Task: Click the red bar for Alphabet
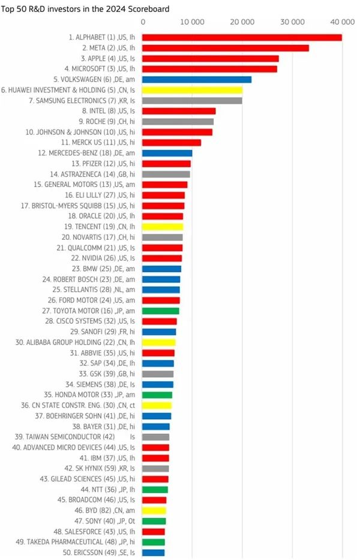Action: pos(242,37)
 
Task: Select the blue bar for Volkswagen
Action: pos(197,79)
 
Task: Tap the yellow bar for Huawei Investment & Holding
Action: pos(192,90)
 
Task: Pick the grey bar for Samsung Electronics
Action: pos(192,100)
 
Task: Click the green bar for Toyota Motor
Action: pos(160,311)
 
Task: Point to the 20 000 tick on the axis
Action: pos(242,22)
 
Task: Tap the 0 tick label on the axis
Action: pos(143,22)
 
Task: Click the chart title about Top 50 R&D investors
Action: pos(85,9)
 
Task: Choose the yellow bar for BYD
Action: pos(154,511)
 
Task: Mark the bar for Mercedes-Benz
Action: pos(167,153)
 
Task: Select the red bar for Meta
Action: pos(226,47)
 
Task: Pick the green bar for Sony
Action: pos(154,521)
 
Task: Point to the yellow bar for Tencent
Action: pos(163,227)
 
